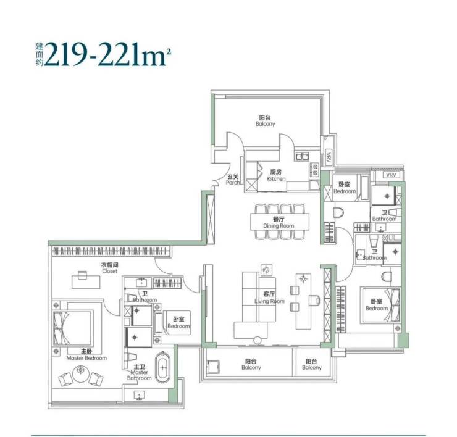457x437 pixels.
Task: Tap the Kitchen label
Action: (x=276, y=175)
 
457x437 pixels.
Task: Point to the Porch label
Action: (x=233, y=180)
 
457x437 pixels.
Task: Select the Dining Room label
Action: (x=279, y=222)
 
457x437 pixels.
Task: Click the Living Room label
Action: (x=270, y=298)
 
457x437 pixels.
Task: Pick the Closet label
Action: (x=109, y=268)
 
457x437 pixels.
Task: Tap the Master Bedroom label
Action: (x=86, y=354)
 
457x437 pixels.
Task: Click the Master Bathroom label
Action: (x=140, y=372)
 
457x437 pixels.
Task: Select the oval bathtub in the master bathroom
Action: (x=162, y=367)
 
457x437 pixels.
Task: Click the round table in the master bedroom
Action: (x=81, y=375)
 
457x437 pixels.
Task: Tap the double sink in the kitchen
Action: (x=302, y=157)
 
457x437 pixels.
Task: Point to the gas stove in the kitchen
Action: (x=314, y=170)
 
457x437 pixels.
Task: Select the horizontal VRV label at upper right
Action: (x=391, y=175)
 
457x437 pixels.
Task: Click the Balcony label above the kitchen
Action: (x=265, y=120)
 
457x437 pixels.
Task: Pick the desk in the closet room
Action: (x=86, y=281)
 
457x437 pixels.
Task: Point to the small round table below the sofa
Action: (x=258, y=340)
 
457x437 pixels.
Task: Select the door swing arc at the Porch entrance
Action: (x=216, y=178)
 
